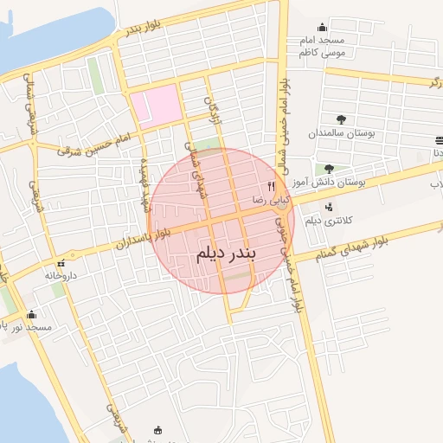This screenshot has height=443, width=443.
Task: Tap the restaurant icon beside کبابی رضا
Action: click(272, 187)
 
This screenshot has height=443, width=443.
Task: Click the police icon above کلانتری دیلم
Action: click(328, 207)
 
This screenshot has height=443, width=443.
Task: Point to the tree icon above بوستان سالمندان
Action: click(339, 119)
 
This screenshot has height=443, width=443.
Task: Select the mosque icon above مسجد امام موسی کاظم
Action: click(323, 27)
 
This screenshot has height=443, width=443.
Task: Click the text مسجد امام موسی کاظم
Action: click(321, 47)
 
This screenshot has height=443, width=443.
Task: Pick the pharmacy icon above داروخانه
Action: click(61, 263)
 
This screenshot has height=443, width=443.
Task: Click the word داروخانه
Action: click(61, 275)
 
